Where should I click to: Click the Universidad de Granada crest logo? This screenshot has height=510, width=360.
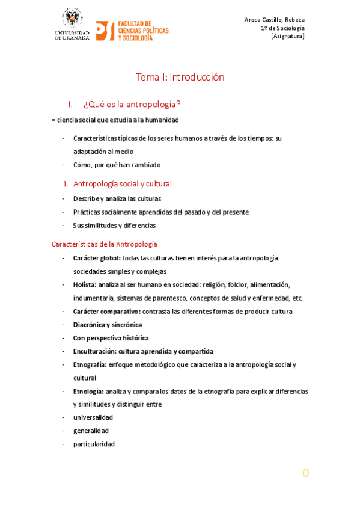[x=73, y=18]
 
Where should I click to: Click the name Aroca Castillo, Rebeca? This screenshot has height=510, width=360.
[x=274, y=20]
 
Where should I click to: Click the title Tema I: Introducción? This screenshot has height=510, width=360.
[x=180, y=77]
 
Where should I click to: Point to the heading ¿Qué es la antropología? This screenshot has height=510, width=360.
[x=132, y=105]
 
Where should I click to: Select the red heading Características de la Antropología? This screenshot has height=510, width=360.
[x=105, y=244]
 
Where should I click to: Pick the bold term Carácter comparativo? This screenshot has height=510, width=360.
[x=107, y=311]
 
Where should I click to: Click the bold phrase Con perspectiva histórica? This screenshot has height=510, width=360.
[x=111, y=338]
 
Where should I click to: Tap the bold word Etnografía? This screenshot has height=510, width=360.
[x=90, y=364]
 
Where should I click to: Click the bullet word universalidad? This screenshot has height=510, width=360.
[x=93, y=417]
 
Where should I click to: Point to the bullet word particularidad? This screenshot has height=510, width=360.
[x=94, y=444]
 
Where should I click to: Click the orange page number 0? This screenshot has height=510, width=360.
[x=305, y=473]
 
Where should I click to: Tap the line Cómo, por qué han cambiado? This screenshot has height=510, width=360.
[x=117, y=165]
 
